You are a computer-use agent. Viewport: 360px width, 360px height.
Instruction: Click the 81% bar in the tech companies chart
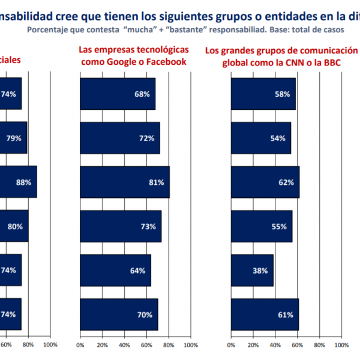(x=125, y=182)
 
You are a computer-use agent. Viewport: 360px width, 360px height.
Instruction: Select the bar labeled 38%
(x=252, y=270)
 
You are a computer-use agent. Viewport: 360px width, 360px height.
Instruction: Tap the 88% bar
(x=18, y=182)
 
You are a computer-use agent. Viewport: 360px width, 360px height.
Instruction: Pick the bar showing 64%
(x=115, y=270)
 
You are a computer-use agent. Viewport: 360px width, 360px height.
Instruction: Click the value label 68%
(x=142, y=94)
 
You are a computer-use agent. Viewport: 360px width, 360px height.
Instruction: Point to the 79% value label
(x=14, y=138)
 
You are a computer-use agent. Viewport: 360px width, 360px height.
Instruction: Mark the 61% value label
(x=286, y=314)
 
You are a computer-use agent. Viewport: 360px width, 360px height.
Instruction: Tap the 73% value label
(x=148, y=226)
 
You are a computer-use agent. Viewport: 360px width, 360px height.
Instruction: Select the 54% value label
(x=278, y=138)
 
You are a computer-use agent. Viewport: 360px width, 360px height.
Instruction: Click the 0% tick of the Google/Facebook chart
(x=80, y=345)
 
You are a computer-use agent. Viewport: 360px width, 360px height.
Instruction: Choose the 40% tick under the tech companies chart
(x=124, y=345)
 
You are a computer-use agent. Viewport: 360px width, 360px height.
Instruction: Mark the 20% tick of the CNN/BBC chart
(x=253, y=345)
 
